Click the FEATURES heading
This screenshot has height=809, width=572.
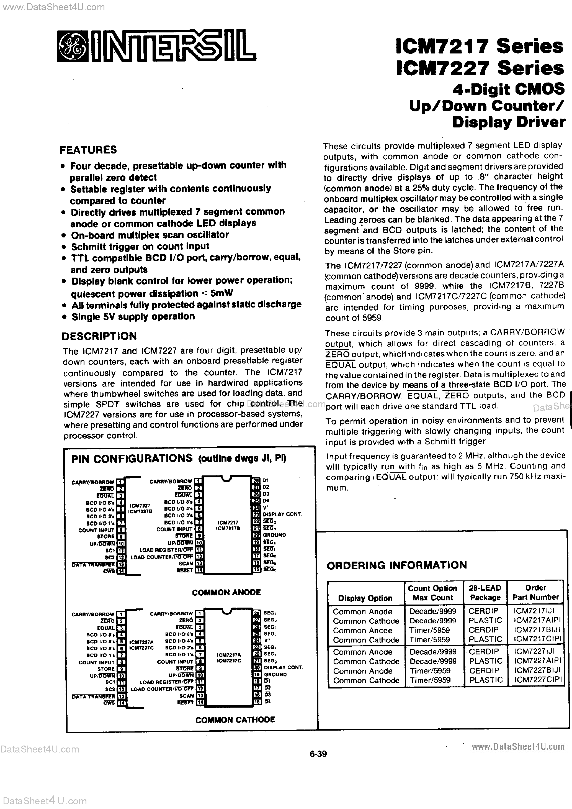88,150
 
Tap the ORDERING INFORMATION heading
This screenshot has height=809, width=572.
396,565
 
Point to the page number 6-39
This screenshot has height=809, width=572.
318,754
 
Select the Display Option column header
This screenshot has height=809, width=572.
365,598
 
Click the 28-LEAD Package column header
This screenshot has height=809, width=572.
485,593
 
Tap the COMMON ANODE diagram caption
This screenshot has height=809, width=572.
226,592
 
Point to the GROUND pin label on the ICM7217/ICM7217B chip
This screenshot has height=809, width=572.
274,535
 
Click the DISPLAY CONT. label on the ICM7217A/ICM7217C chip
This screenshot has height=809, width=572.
283,667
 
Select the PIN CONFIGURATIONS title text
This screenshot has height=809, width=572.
132,459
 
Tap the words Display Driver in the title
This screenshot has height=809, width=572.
509,122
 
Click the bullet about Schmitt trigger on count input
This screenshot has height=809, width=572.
140,246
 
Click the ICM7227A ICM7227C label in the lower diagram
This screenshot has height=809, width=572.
141,645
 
